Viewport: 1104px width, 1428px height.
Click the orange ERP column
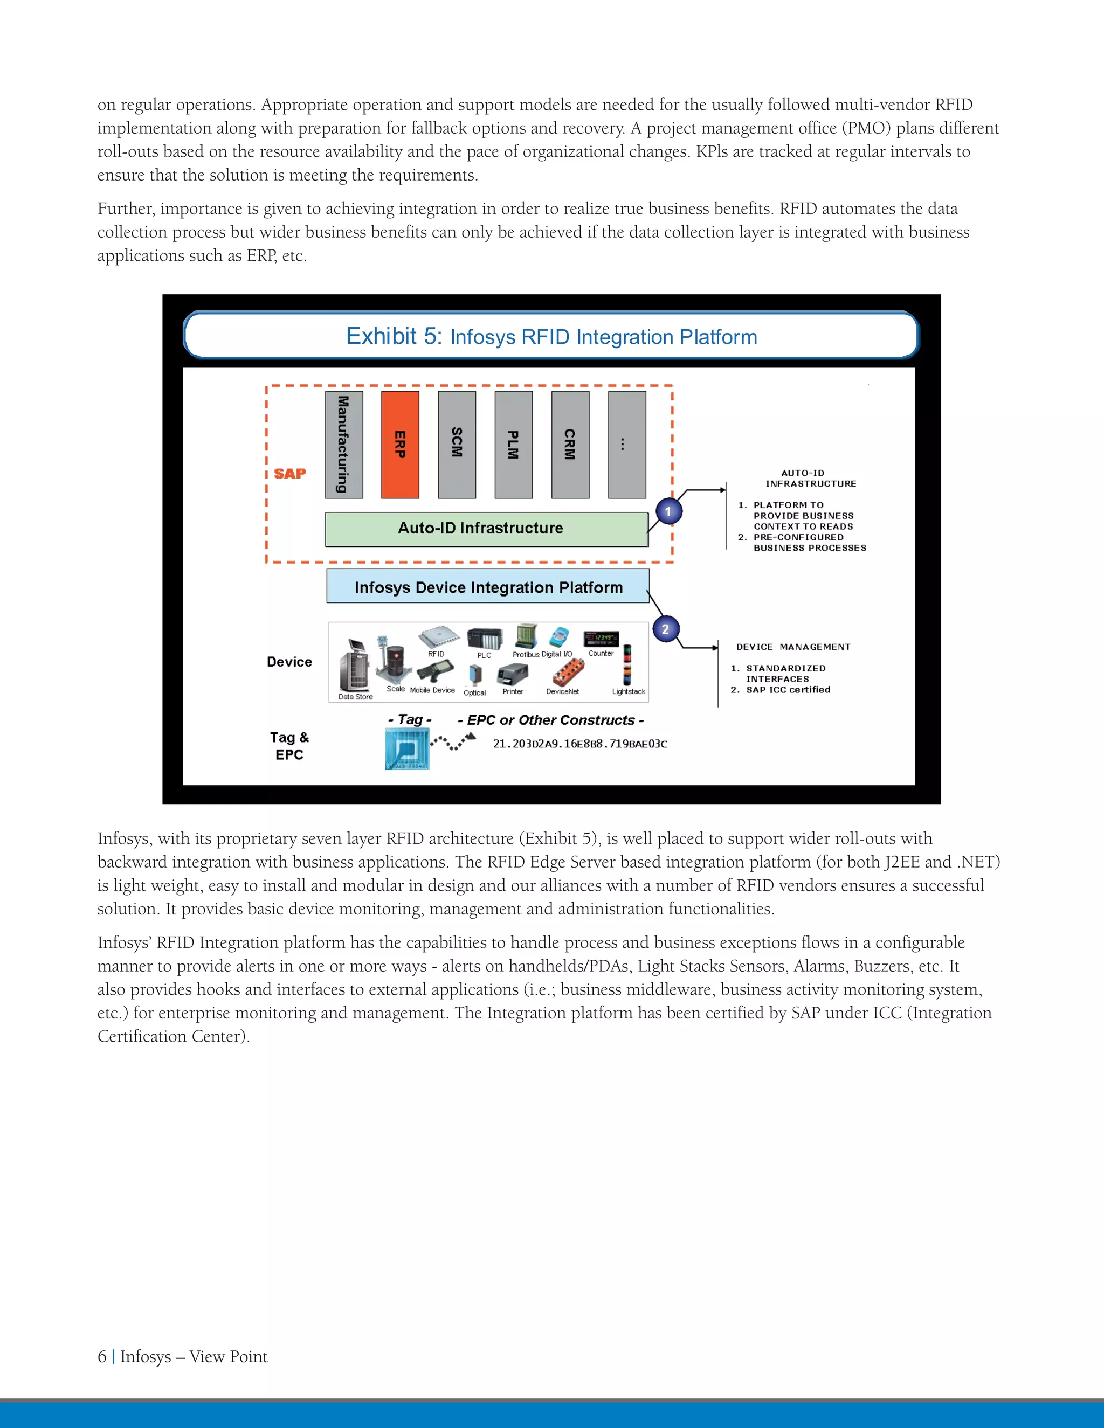click(x=399, y=445)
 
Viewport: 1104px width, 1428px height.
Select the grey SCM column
click(x=457, y=445)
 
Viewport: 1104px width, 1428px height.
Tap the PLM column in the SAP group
click(x=513, y=445)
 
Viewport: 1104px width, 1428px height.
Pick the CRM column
click(x=570, y=445)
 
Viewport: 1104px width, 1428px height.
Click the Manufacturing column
click(x=343, y=445)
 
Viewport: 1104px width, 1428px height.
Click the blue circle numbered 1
click(x=668, y=511)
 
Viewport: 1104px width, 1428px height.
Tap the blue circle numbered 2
click(x=666, y=629)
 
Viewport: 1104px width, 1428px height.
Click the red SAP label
click(x=289, y=473)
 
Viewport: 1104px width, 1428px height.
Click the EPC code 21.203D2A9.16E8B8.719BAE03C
click(x=579, y=744)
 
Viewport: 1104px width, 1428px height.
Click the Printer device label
click(x=513, y=692)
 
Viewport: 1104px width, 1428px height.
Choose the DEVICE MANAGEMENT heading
click(x=792, y=647)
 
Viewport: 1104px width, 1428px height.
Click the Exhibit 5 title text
click(x=551, y=336)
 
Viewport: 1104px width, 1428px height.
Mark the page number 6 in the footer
click(x=102, y=1357)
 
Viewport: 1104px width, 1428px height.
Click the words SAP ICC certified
click(x=788, y=690)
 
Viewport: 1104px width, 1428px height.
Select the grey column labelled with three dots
click(x=626, y=445)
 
